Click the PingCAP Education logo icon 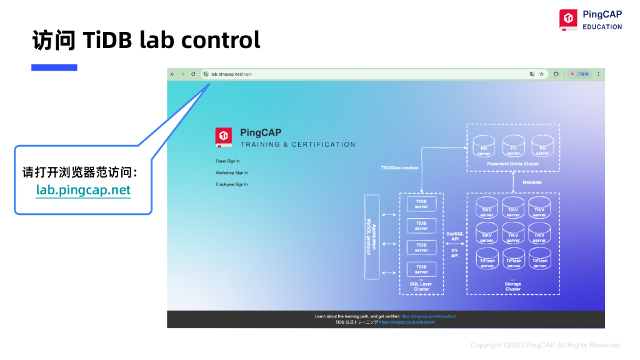568,20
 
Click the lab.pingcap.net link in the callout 83,190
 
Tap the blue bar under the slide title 54,67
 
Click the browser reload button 193,74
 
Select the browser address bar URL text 231,74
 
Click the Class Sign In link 227,161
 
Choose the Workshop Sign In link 231,172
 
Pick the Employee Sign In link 231,184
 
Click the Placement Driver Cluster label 512,164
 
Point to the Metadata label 532,182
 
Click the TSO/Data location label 400,167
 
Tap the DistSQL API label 454,237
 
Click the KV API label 454,253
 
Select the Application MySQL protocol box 372,237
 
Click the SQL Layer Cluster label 421,287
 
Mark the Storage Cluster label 512,287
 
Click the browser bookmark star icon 541,74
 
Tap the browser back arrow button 172,74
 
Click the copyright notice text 545,345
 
